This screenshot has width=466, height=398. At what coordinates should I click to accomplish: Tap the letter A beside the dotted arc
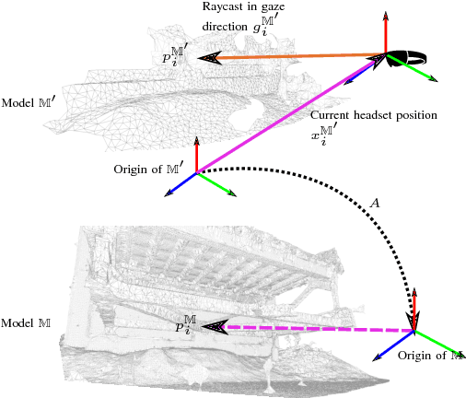point(373,202)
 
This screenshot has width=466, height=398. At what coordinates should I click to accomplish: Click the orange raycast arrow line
point(295,57)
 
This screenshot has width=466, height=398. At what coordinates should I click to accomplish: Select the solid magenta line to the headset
point(285,116)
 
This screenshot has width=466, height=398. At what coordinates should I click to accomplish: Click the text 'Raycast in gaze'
point(239,8)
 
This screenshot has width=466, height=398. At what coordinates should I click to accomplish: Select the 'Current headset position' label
point(373,116)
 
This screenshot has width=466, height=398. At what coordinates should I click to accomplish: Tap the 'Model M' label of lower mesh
point(26,322)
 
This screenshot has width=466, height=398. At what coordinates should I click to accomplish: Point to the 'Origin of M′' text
point(148,169)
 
